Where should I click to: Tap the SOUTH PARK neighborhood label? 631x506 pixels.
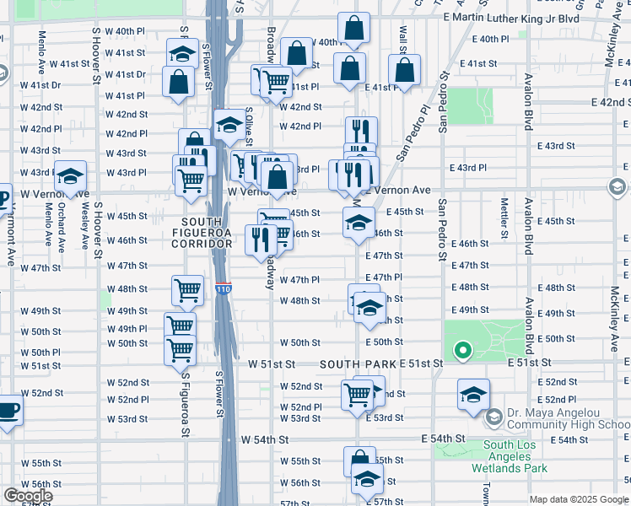pyautogui.click(x=358, y=363)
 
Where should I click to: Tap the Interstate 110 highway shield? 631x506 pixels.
pyautogui.click(x=223, y=289)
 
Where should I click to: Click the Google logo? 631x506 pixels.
pyautogui.click(x=27, y=496)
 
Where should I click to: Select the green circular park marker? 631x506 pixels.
pyautogui.click(x=461, y=350)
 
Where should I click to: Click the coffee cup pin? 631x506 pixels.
pyautogui.click(x=8, y=411)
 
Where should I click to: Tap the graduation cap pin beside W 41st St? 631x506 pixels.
pyautogui.click(x=181, y=56)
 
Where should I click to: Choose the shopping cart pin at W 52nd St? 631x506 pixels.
pyautogui.click(x=358, y=393)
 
